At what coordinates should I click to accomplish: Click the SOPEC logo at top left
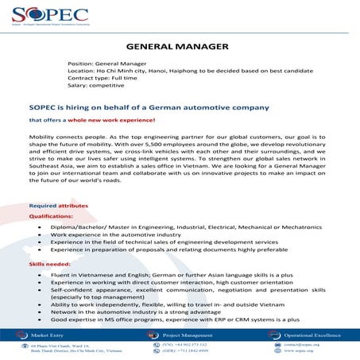pyautogui.click(x=38, y=16)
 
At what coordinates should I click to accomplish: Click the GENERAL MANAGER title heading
pyautogui.click(x=179, y=45)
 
